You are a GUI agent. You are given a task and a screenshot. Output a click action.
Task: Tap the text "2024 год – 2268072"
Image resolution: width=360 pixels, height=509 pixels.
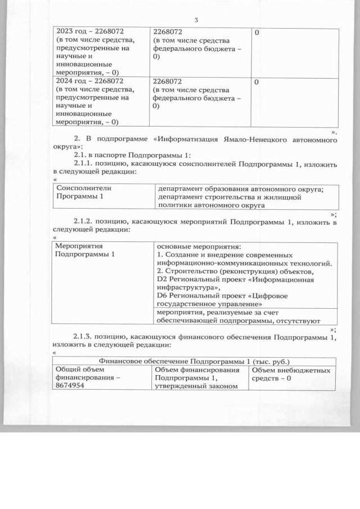click(89, 81)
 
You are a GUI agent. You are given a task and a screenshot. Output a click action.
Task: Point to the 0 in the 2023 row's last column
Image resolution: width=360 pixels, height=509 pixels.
click(256, 33)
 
